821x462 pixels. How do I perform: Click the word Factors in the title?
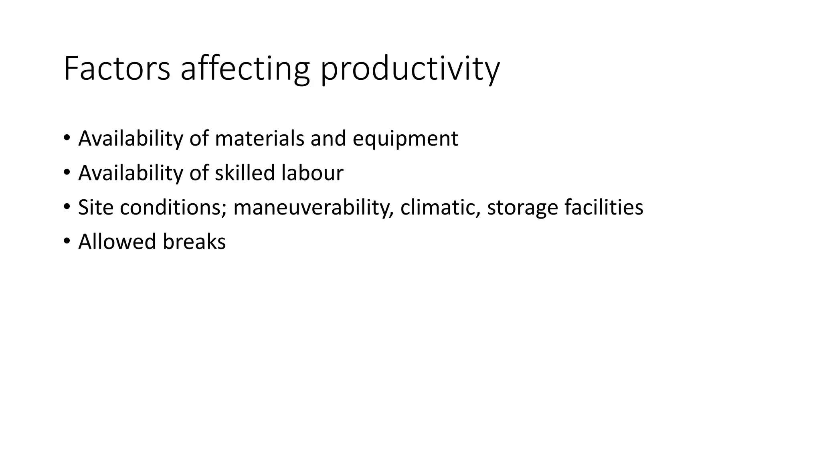point(117,69)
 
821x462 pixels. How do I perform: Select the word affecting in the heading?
point(245,69)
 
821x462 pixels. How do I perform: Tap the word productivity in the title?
point(410,69)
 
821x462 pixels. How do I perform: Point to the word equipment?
point(405,139)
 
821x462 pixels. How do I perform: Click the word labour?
point(312,173)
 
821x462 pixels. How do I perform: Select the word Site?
point(95,207)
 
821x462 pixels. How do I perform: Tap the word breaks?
point(194,242)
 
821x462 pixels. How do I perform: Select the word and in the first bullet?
point(328,138)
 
